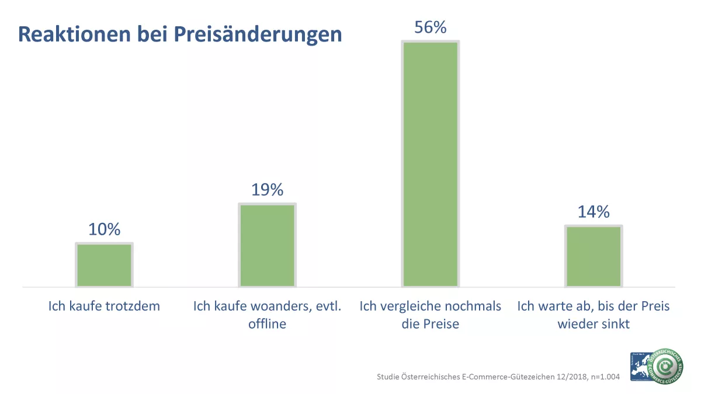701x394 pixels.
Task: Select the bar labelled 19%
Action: click(267, 245)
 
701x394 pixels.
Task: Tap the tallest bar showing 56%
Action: click(430, 164)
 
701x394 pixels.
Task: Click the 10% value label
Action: click(104, 229)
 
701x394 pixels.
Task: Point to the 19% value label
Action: click(267, 190)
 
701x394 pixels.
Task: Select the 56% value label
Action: click(430, 27)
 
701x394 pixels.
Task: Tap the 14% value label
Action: click(593, 212)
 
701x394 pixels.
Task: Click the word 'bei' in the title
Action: click(156, 34)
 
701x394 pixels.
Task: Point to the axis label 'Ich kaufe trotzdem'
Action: click(104, 306)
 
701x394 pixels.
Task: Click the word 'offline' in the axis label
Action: click(267, 324)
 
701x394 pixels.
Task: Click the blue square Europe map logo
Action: click(640, 367)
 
